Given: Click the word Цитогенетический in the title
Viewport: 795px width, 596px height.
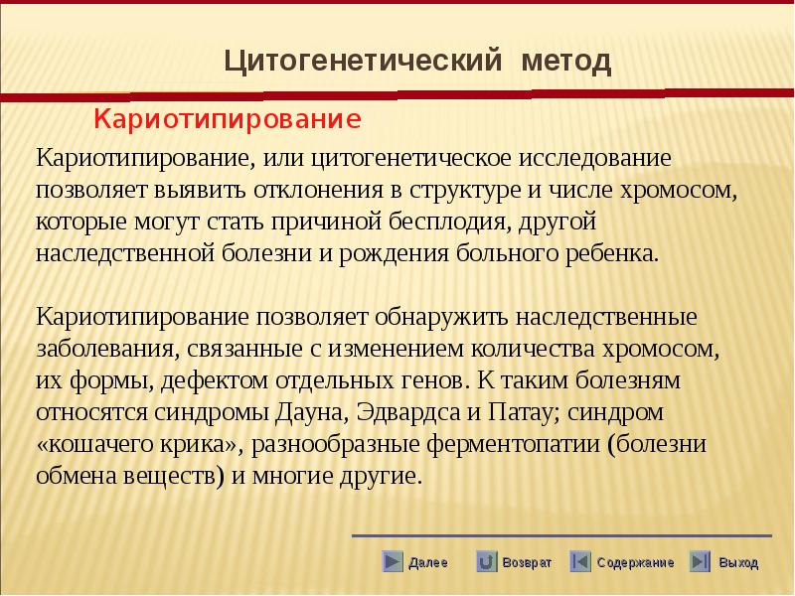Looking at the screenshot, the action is (x=363, y=61).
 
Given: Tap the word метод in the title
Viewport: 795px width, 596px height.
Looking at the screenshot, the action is (x=565, y=61).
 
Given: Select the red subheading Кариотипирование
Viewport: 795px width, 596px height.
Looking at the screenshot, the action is (x=228, y=119).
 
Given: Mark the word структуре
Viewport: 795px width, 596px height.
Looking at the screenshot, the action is (x=465, y=191).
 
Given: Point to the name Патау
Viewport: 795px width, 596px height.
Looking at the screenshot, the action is (x=524, y=412).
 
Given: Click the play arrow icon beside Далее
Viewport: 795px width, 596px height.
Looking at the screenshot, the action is (x=392, y=561).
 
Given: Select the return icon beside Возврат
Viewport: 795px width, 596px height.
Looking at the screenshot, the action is (x=486, y=561).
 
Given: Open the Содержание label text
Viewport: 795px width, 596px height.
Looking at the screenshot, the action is (x=635, y=562).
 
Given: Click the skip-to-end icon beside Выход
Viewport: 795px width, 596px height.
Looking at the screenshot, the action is (x=701, y=561).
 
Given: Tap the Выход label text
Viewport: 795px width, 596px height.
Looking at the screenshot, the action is (x=738, y=562).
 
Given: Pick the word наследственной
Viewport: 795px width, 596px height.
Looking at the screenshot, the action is (x=126, y=253).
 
